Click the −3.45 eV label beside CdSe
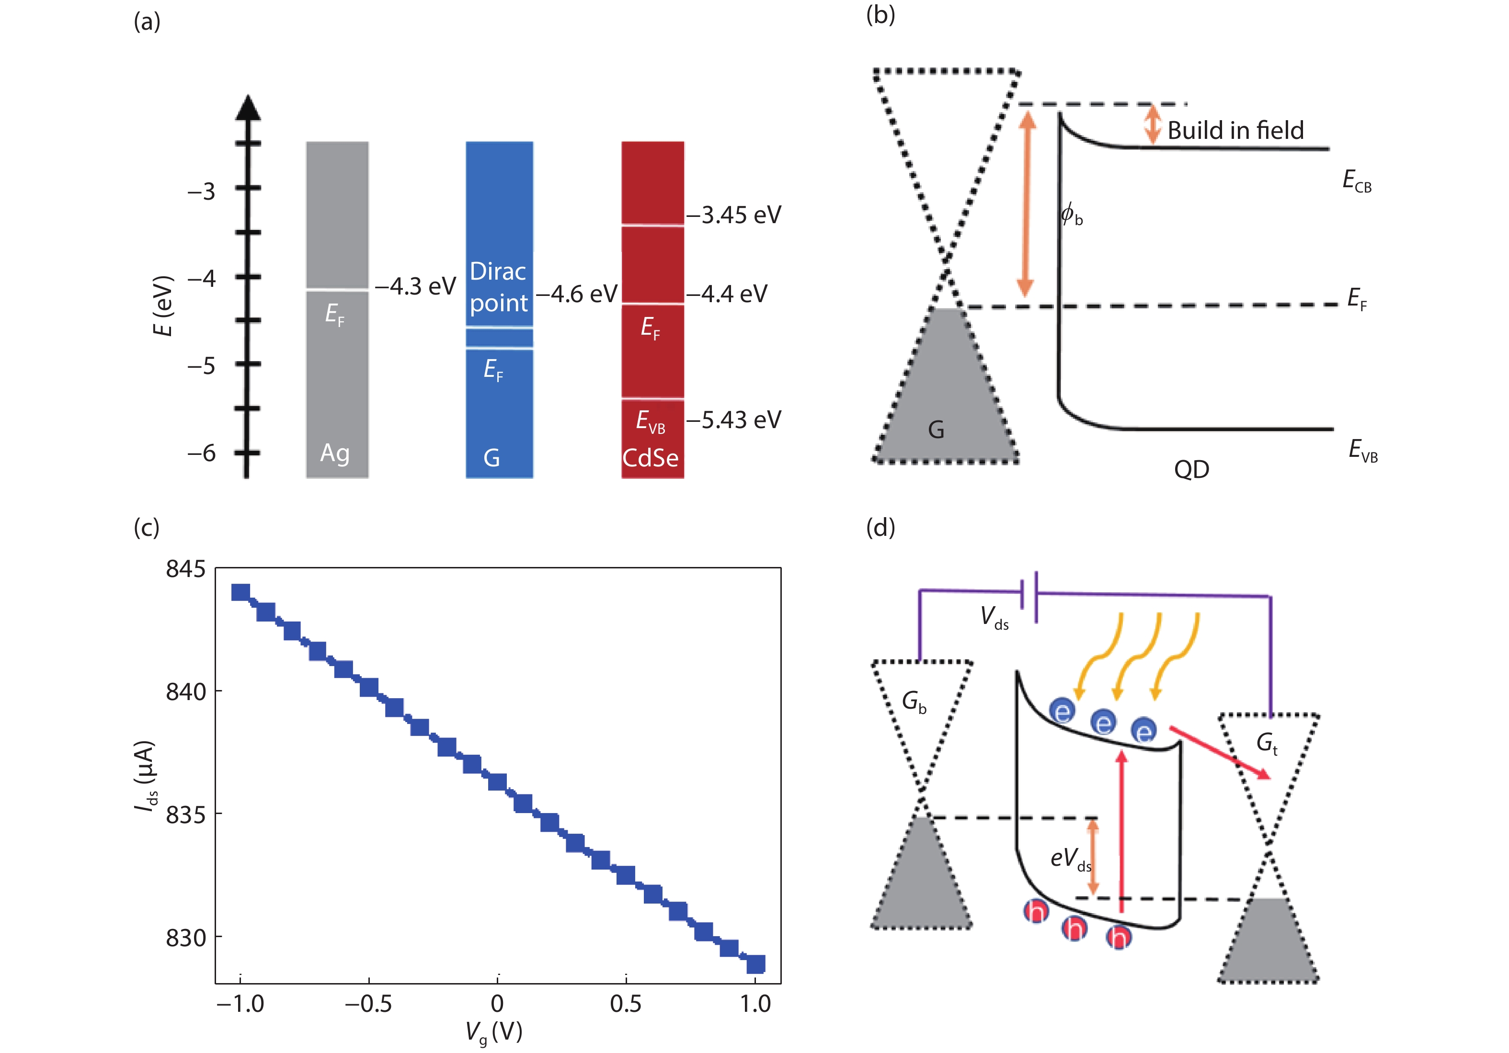(734, 215)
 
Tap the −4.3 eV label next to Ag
(415, 286)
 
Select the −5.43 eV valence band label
(734, 420)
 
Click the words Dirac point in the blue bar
(498, 287)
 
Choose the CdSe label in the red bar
(651, 458)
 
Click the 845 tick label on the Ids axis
(185, 569)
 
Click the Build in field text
(1235, 130)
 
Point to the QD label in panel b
(1191, 470)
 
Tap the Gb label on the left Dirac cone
(914, 702)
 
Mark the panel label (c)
(146, 528)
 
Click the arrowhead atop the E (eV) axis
(247, 108)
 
